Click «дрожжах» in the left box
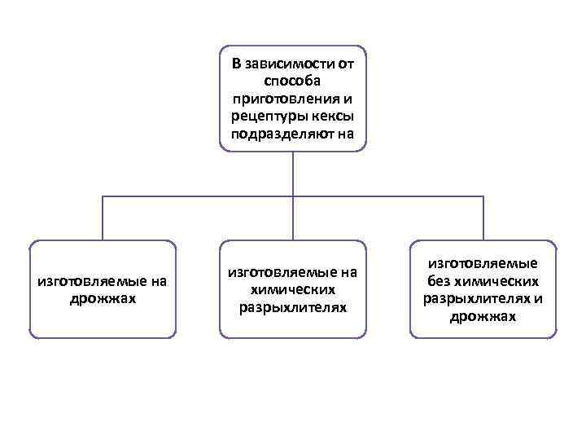pos(103,298)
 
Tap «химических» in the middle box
pos(293,289)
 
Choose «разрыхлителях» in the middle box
pos(293,307)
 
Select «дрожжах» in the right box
pos(483,316)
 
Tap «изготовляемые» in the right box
pos(483,263)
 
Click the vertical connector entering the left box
pos(103,218)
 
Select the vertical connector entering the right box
pos(483,218)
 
